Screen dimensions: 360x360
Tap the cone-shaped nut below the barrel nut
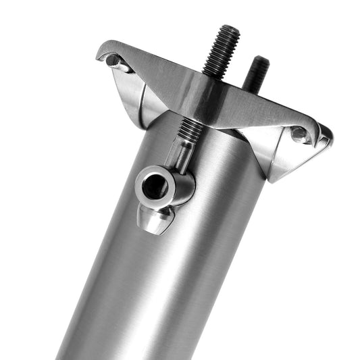(154, 219)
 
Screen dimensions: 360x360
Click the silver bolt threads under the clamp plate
(190, 129)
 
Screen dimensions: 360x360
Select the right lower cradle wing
(284, 159)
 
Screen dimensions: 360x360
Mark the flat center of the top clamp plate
(203, 95)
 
